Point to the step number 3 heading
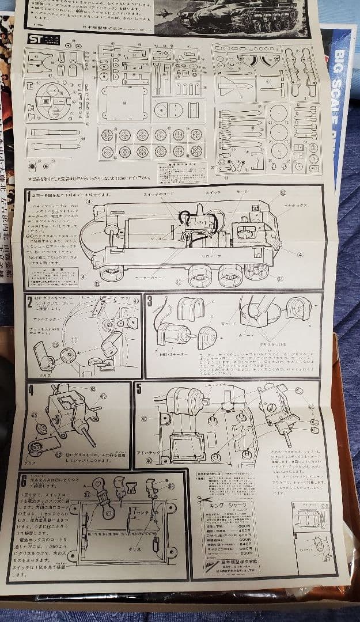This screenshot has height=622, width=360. point(150,301)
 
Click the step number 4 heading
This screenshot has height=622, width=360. point(31,389)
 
